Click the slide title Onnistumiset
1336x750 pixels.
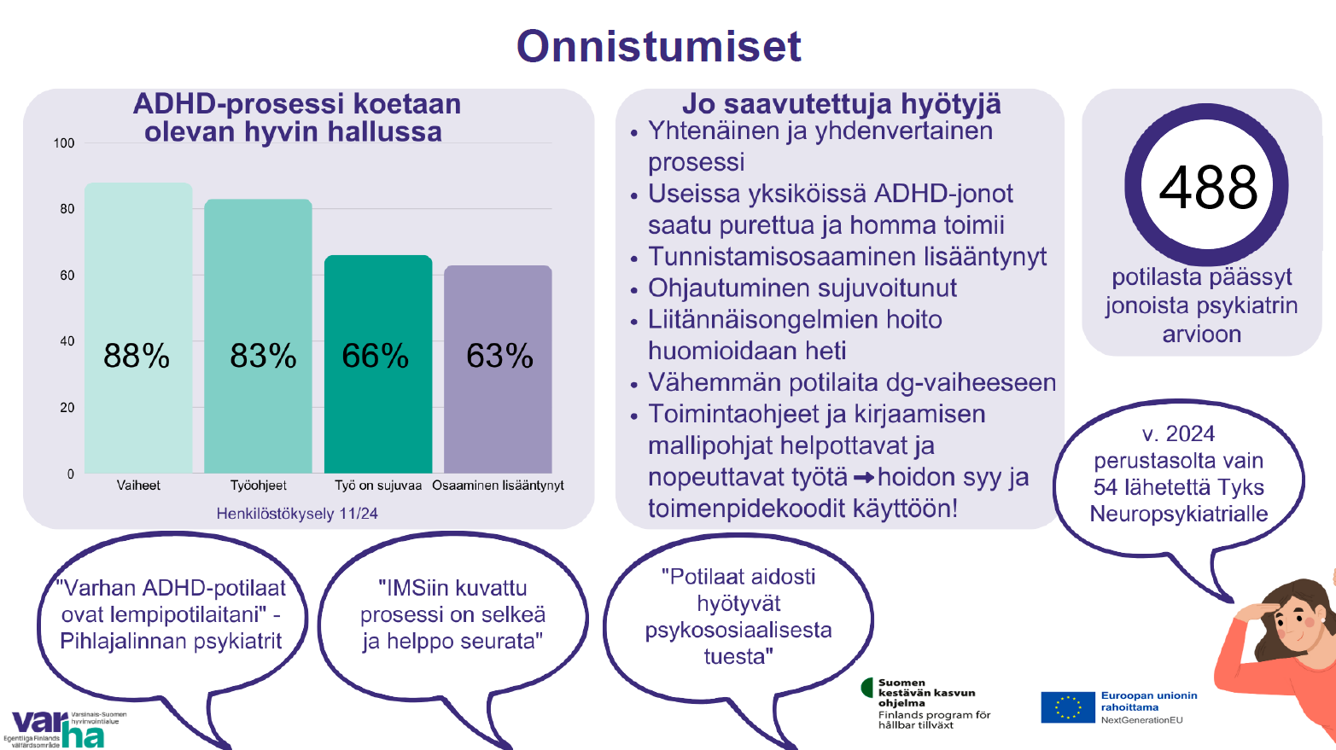point(658,46)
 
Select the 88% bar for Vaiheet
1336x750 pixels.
point(138,328)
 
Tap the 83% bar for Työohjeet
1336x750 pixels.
point(259,336)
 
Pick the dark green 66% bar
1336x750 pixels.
point(378,364)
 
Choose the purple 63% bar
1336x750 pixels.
point(498,369)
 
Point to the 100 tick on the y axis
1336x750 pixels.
point(64,143)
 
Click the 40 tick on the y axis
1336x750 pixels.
point(67,341)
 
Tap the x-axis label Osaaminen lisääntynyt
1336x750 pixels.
point(498,485)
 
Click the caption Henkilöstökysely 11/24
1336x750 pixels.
point(297,514)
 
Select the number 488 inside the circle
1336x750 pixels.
point(1208,188)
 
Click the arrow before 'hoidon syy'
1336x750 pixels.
point(863,478)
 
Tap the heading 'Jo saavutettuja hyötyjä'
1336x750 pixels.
point(842,104)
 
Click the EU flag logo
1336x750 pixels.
point(1068,707)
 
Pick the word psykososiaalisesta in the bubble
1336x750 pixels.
point(738,631)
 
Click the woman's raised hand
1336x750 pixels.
point(1252,614)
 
